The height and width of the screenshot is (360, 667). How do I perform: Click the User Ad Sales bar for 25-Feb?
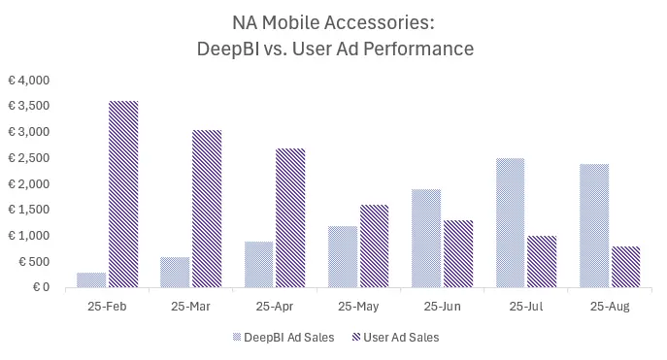coord(123,194)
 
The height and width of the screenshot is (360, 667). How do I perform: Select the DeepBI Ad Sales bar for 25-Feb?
coord(91,279)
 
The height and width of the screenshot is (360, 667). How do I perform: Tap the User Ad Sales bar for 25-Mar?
coord(207,209)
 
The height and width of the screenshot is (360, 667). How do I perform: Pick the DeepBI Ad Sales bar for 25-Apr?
coord(258,264)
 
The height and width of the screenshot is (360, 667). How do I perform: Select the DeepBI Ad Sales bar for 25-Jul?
coord(509,222)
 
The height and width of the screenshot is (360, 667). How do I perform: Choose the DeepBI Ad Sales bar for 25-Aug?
coord(592,225)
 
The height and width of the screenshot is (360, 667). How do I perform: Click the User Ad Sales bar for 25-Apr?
coord(290,217)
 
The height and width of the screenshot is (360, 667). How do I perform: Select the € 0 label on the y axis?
coord(40,287)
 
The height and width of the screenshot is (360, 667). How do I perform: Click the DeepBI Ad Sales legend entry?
coord(287,338)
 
